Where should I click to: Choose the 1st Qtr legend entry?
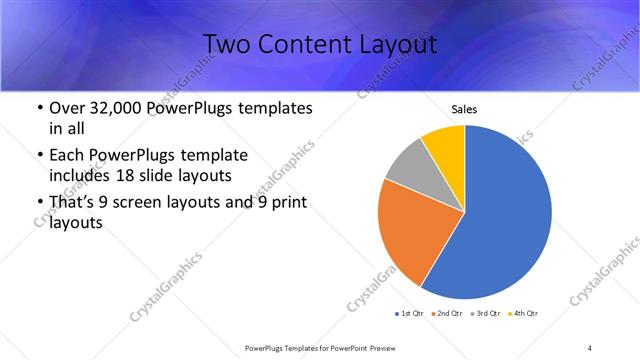click(x=411, y=314)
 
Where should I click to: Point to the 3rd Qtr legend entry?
click(x=488, y=314)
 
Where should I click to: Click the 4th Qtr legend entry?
click(x=526, y=314)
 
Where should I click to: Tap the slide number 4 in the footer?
click(x=590, y=347)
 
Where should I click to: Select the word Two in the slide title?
click(x=224, y=45)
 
